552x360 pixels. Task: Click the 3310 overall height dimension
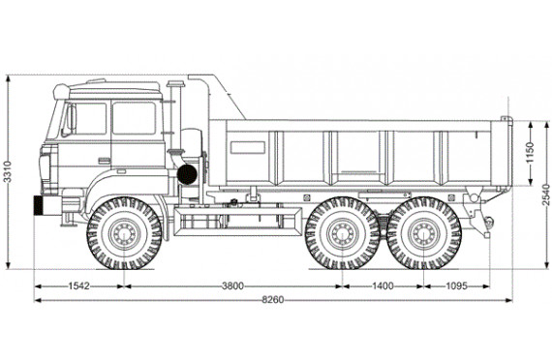[x=8, y=171]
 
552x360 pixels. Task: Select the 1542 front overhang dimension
[x=78, y=285]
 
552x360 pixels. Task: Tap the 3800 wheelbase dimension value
[x=232, y=285]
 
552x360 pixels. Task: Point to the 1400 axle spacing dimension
[x=383, y=285]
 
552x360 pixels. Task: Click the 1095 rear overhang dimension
[x=456, y=285]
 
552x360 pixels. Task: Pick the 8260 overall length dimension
[x=273, y=300]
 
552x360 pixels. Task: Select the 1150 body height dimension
[x=530, y=152]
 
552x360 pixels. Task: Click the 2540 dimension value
[x=545, y=195]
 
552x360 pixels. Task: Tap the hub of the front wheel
[x=124, y=234]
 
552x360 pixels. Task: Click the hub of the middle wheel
[x=342, y=234]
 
